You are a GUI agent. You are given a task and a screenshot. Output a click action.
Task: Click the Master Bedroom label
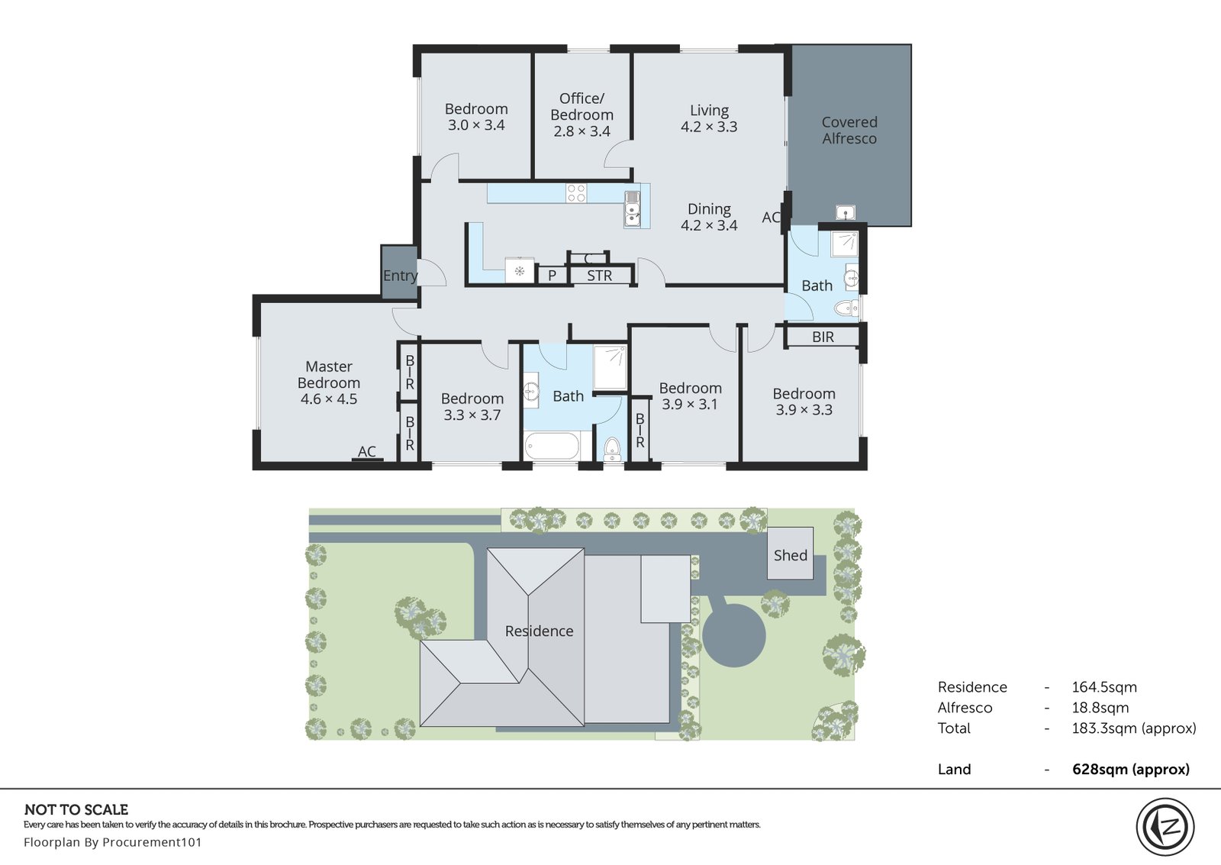coord(329,374)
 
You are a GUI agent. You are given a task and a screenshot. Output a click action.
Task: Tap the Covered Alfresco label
coord(849,131)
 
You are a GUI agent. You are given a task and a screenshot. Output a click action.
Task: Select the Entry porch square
coord(400,272)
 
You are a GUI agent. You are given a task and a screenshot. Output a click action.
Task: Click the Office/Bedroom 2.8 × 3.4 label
coord(582,115)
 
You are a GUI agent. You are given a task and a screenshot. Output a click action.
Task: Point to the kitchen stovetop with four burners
coord(576,193)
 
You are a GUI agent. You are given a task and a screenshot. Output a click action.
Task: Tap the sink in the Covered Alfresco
coord(846,212)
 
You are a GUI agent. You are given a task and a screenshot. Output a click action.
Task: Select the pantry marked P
coord(553,276)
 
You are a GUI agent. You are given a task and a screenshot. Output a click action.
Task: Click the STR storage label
coord(600,276)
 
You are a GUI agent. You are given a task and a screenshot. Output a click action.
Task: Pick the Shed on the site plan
coord(791,553)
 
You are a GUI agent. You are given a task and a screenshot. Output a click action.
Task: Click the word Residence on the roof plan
coord(539,631)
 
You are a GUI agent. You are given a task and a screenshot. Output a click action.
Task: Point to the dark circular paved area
coord(733,635)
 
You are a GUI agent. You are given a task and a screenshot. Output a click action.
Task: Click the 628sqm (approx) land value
coord(1131,769)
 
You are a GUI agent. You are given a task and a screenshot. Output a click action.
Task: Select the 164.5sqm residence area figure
coord(1104,687)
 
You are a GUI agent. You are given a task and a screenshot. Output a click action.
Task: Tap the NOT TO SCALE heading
coord(76,809)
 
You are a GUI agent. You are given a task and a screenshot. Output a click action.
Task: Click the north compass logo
coord(1165,827)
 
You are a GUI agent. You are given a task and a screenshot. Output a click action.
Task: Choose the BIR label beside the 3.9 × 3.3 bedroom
coord(823,337)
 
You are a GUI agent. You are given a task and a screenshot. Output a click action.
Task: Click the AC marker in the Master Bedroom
coord(367,452)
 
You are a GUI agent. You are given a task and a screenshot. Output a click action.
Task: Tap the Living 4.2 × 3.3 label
coord(709,118)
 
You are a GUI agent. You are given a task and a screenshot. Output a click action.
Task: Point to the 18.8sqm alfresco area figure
coord(1100,708)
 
